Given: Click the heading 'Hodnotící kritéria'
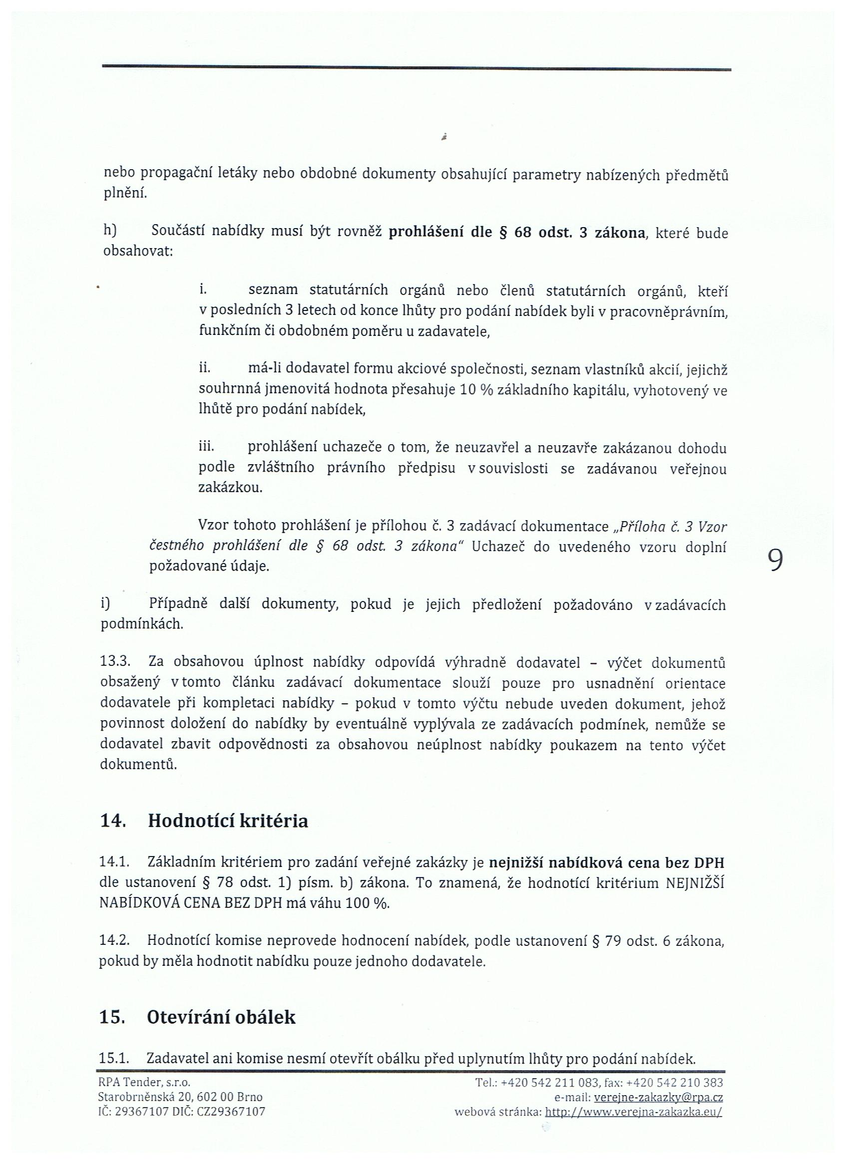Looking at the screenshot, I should tap(228, 821).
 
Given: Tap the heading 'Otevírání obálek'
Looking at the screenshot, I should tap(221, 1017).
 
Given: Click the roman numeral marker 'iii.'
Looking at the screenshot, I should tap(206, 447).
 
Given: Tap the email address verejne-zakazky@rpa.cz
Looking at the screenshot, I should tap(659, 1098).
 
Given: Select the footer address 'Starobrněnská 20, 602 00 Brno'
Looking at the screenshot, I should tap(180, 1097).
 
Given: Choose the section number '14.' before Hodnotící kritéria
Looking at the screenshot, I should tap(113, 821).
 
